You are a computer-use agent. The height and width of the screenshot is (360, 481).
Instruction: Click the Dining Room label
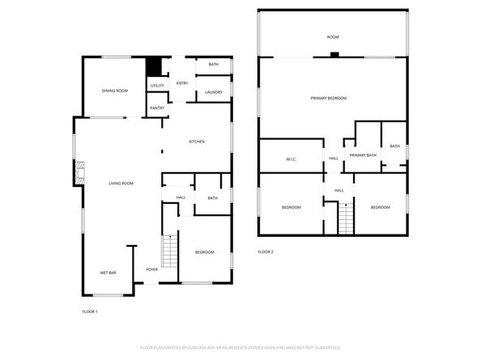(115, 91)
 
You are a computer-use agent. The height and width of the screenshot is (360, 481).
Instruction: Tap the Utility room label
(157, 86)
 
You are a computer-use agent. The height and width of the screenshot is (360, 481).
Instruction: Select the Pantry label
(157, 108)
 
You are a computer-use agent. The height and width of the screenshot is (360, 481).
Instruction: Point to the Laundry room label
(214, 92)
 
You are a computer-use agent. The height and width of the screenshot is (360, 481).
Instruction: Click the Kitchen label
(197, 142)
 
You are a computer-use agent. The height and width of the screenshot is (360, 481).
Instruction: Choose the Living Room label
(121, 184)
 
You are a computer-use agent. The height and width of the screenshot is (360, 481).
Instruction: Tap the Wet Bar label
(109, 273)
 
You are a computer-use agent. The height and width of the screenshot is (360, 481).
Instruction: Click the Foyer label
(151, 269)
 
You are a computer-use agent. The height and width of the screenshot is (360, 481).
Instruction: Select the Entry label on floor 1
(182, 83)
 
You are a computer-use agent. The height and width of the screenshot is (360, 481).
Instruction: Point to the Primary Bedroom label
(329, 98)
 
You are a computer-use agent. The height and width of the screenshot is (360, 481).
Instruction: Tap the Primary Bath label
(363, 155)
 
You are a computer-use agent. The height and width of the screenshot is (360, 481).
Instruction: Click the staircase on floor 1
(169, 250)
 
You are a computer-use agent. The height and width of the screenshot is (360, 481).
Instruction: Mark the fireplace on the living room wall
(79, 172)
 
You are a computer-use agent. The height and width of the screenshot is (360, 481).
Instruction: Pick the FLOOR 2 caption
(266, 252)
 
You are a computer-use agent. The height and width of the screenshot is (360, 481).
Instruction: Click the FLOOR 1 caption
(90, 311)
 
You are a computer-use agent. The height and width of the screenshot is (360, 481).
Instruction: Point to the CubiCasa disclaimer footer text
(240, 347)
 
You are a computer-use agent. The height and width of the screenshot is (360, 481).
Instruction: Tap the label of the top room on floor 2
(332, 37)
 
